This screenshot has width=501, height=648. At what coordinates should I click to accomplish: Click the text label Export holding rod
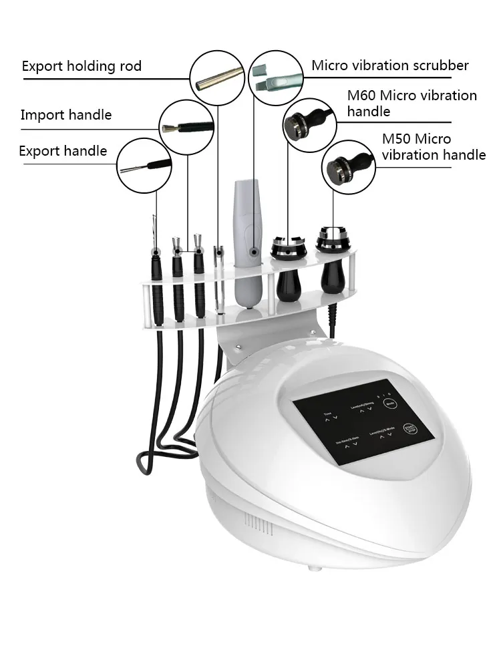coord(81,66)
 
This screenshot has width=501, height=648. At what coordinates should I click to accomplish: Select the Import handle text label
coord(66,115)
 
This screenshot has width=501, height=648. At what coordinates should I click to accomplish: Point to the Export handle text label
coord(63,151)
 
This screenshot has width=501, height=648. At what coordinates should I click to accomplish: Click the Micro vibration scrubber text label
coord(390,65)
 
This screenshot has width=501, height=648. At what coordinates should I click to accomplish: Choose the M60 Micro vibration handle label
coord(411,103)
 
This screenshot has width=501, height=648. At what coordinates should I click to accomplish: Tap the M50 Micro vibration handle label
coord(434,147)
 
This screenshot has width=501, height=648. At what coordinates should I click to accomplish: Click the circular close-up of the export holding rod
coord(216,78)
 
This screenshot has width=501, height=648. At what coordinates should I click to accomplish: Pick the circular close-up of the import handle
coord(186,126)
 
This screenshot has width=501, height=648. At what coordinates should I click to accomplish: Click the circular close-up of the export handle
coord(144,164)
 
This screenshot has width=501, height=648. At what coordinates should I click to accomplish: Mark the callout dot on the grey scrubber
coord(254,252)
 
